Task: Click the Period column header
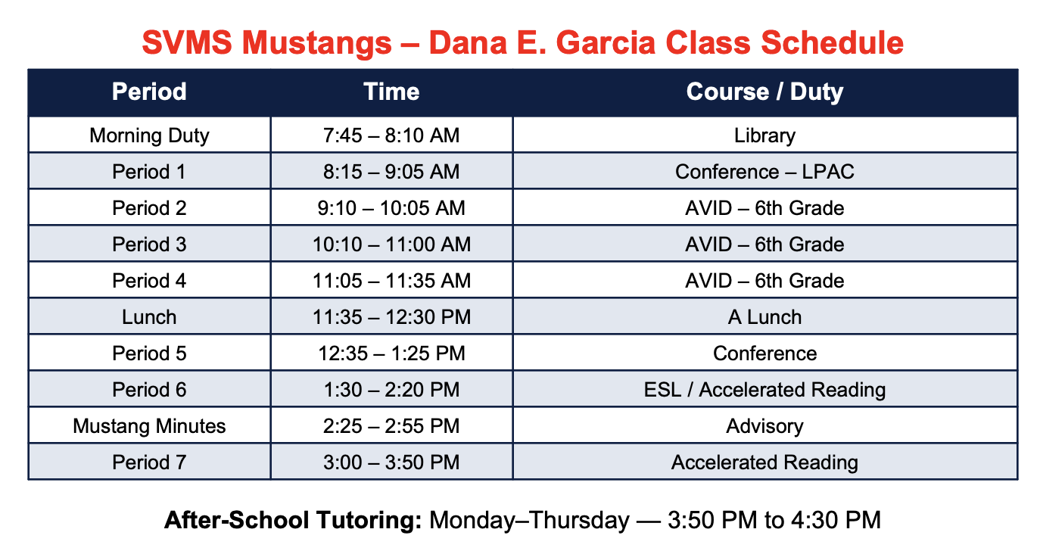(x=149, y=92)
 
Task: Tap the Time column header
(x=391, y=92)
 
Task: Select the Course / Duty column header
(x=764, y=92)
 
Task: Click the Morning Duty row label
(x=149, y=135)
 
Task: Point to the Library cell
(x=764, y=135)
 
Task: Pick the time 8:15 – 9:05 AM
(x=391, y=172)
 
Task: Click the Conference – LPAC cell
(x=764, y=172)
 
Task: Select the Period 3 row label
(x=149, y=244)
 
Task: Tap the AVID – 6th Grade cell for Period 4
(x=764, y=281)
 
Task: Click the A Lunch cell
(x=764, y=317)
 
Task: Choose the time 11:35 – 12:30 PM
(x=391, y=317)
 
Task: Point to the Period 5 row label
(x=149, y=353)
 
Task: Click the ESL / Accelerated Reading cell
(x=764, y=390)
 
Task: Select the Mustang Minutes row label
(x=149, y=426)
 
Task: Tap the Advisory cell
(x=764, y=426)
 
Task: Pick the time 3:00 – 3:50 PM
(x=391, y=462)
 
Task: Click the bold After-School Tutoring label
(x=293, y=520)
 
